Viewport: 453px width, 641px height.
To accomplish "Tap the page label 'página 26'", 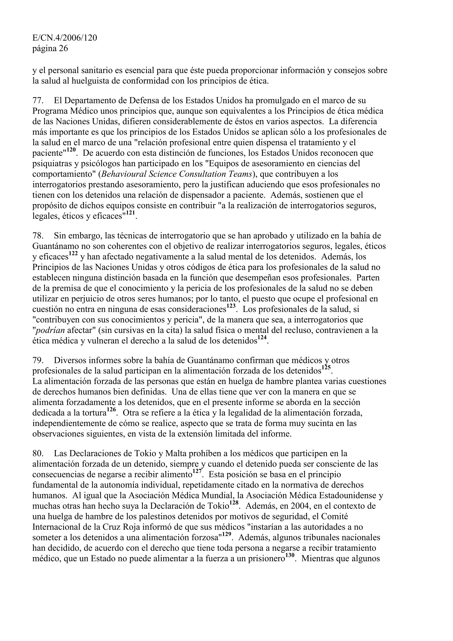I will pos(50,49).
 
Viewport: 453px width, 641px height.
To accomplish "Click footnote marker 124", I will pos(262,338).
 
